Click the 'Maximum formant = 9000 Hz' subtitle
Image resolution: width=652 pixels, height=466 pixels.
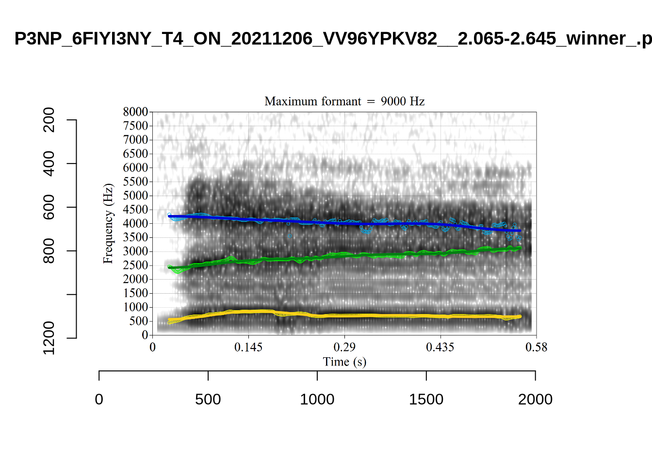tap(344, 101)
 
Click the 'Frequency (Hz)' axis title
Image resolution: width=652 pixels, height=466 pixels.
tap(108, 223)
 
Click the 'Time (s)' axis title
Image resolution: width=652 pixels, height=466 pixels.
tap(344, 362)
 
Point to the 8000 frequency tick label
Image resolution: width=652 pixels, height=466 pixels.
tap(135, 112)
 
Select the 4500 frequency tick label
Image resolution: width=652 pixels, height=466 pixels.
tap(135, 210)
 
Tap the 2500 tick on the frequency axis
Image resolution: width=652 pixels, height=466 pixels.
tap(135, 266)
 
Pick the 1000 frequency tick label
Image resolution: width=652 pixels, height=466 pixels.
tap(135, 307)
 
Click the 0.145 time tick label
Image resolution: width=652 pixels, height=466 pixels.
tap(248, 347)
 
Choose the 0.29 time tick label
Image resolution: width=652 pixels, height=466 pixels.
tap(344, 347)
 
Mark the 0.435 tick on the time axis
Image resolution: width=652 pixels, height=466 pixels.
tap(440, 347)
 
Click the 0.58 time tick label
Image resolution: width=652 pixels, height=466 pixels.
tap(536, 347)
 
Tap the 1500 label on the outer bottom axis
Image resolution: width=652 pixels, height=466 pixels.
tap(426, 399)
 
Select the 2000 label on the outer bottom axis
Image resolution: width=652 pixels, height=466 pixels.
tap(535, 399)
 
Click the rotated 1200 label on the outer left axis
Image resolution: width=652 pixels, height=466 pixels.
tap(49, 337)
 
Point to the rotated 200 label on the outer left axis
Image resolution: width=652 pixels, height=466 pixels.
tap(49, 120)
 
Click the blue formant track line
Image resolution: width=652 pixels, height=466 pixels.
tap(344, 223)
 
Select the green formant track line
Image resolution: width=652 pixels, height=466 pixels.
tap(344, 255)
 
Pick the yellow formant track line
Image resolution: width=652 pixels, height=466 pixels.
tap(344, 316)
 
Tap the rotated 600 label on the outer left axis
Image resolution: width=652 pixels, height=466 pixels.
tap(49, 207)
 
